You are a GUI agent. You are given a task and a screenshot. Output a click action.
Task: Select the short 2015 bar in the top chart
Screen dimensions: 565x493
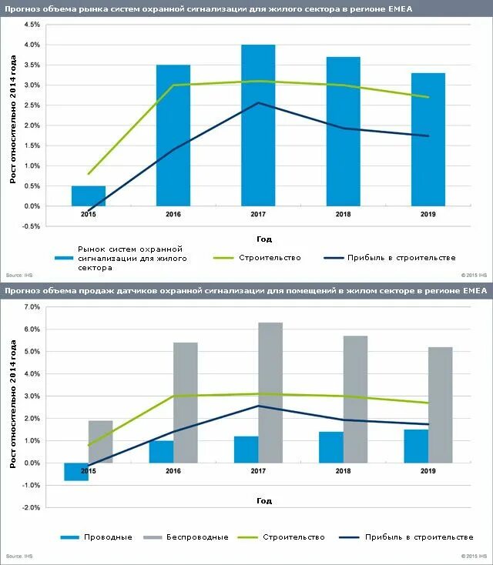coord(89,196)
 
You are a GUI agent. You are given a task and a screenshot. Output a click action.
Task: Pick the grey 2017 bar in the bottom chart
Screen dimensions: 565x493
coord(270,393)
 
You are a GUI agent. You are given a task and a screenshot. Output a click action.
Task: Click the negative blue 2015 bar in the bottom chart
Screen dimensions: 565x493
coord(76,471)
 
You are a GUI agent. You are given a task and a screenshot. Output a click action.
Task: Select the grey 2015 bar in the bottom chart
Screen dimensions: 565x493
coord(101,442)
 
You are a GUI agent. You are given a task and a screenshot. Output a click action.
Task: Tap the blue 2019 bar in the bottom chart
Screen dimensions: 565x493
coord(416,446)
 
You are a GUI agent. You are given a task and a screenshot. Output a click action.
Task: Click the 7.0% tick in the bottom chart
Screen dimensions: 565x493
coord(32,307)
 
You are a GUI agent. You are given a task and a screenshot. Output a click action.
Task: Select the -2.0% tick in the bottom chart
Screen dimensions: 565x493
coord(30,508)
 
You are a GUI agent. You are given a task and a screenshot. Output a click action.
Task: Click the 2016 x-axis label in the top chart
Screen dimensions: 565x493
coord(173,214)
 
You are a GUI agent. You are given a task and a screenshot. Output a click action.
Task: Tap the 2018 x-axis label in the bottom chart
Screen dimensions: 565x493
coord(343,471)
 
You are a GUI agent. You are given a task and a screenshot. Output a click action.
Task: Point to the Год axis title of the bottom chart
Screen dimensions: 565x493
coord(264,501)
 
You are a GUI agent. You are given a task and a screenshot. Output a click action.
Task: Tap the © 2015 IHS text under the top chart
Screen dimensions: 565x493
coord(474,274)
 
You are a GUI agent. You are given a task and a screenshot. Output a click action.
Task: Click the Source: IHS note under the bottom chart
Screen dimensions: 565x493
coord(18,556)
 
